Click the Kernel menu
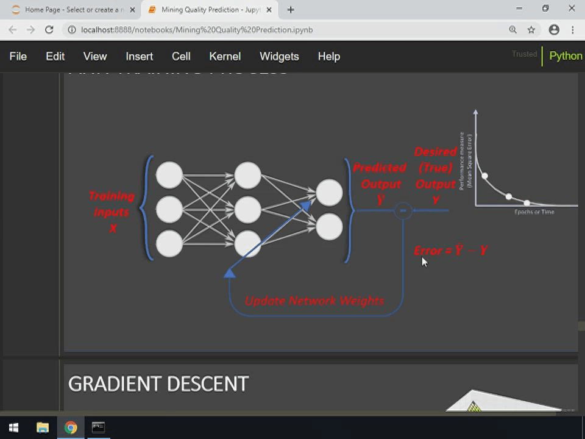click(x=225, y=56)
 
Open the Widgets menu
click(x=279, y=56)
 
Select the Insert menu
click(x=139, y=56)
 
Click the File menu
click(x=18, y=56)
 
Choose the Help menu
click(x=328, y=56)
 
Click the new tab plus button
click(x=291, y=9)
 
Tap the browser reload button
click(x=49, y=29)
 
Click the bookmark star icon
click(x=531, y=29)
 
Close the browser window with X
click(x=572, y=9)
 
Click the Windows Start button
click(x=13, y=427)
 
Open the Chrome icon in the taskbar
click(x=71, y=427)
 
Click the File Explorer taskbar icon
click(x=43, y=427)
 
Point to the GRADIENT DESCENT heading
click(x=158, y=384)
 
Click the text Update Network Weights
click(x=314, y=301)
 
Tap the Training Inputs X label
click(x=111, y=212)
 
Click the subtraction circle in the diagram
click(x=403, y=210)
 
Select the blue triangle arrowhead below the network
click(x=230, y=273)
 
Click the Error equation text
click(x=451, y=250)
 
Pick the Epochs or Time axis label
click(x=534, y=212)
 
